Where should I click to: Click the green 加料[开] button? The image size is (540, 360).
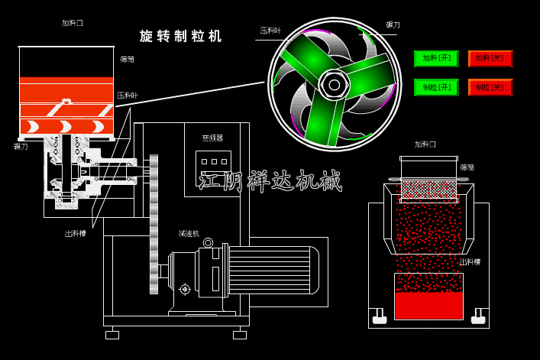pos(436,59)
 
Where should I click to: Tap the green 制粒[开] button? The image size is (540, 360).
pos(436,87)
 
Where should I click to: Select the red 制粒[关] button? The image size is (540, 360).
pos(490,87)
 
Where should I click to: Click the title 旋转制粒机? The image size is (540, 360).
pos(181,36)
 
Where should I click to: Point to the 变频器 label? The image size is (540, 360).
pos(212,138)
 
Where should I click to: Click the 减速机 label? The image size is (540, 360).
pos(189,234)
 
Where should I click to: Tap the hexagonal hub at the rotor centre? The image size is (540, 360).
pos(335,84)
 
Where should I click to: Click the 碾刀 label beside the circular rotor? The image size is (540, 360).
pos(393,25)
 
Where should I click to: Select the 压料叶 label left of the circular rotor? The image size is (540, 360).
pos(270,31)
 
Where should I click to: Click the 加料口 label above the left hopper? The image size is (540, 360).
pos(73,23)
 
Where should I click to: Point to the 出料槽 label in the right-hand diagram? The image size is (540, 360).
pos(470,262)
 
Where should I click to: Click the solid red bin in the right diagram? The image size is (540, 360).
pos(428,304)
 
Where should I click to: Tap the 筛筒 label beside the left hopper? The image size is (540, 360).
pos(127,59)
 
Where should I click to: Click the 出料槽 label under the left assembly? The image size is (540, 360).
pos(76,234)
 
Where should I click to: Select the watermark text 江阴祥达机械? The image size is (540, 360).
pos(269,181)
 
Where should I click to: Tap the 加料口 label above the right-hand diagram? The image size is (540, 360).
pos(425,144)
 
